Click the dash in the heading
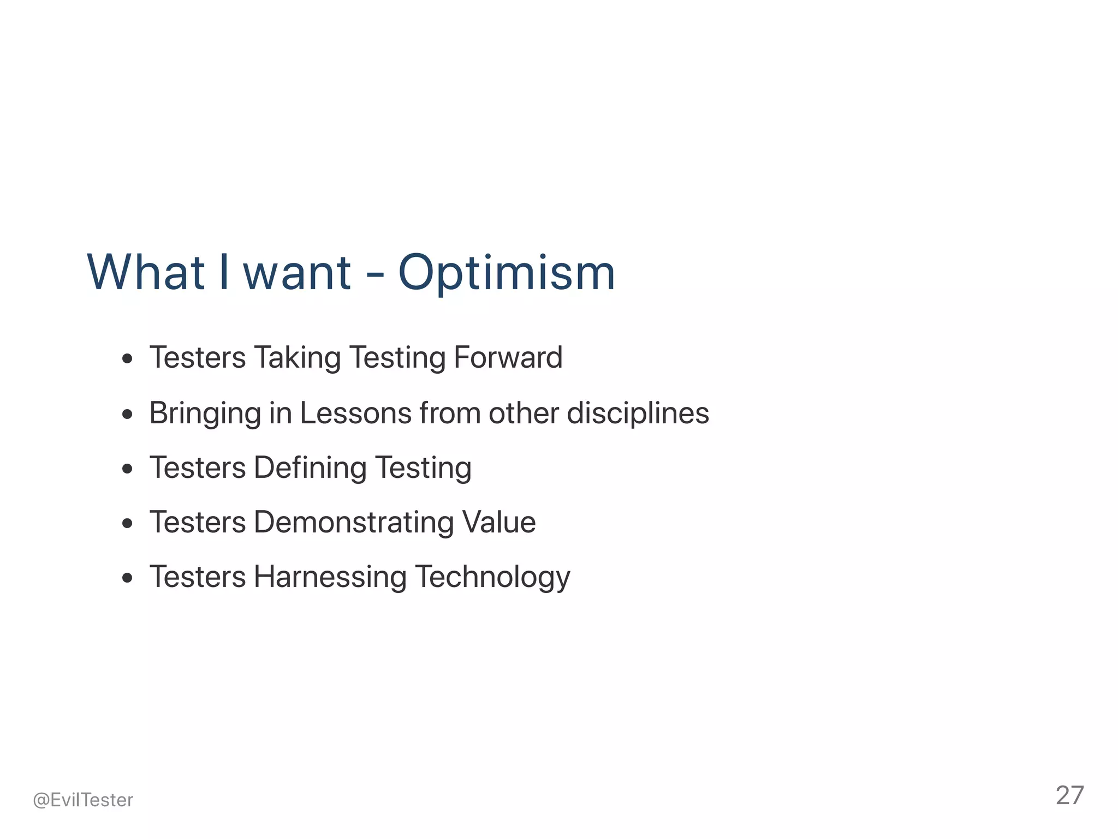click(374, 274)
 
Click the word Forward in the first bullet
click(508, 358)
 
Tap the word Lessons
click(355, 413)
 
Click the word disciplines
click(638, 414)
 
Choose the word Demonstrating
click(354, 523)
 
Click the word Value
click(499, 522)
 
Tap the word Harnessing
click(330, 578)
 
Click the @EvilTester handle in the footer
click(83, 800)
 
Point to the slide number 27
click(1069, 795)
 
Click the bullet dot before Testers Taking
click(128, 359)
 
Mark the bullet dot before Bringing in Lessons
click(128, 414)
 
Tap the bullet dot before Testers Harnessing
click(128, 578)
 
